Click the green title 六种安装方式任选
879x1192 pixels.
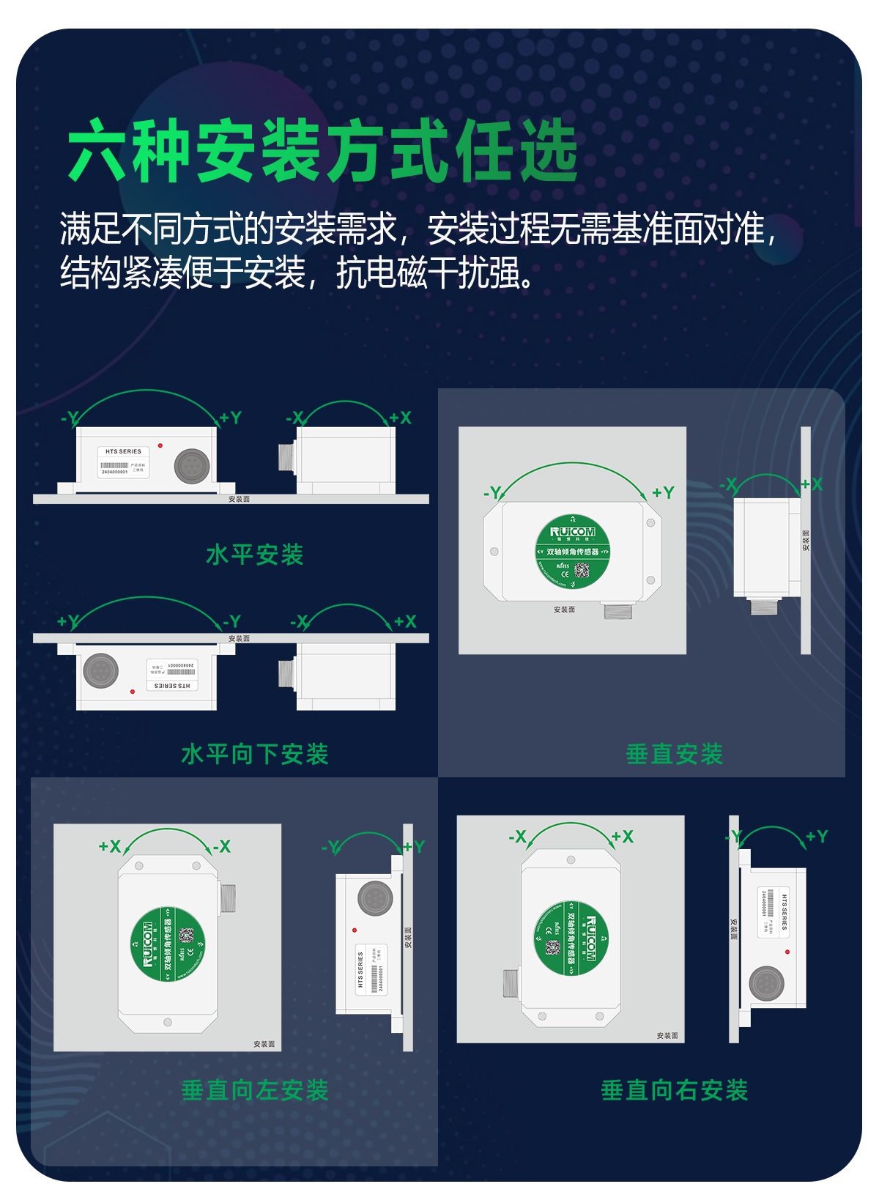322,151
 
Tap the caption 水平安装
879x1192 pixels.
255,555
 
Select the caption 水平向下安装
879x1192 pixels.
255,754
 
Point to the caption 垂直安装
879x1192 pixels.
675,754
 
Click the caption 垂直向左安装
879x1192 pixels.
255,1090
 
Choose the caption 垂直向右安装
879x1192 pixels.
675,1090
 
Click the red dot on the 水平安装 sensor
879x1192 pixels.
160,445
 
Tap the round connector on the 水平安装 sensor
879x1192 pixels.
192,466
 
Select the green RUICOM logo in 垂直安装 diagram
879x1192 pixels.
573,551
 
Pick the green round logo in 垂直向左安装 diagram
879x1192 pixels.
168,943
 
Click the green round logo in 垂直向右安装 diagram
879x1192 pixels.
571,938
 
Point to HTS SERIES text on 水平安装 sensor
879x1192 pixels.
123,451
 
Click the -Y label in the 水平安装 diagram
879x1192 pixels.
69,418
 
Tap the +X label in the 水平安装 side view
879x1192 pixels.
401,418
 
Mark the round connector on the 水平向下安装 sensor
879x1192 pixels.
101,670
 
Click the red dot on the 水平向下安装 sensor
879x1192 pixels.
133,691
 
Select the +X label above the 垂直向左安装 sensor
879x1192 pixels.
110,847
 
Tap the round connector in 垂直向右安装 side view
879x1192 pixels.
766,983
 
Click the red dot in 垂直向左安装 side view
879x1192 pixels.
355,930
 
